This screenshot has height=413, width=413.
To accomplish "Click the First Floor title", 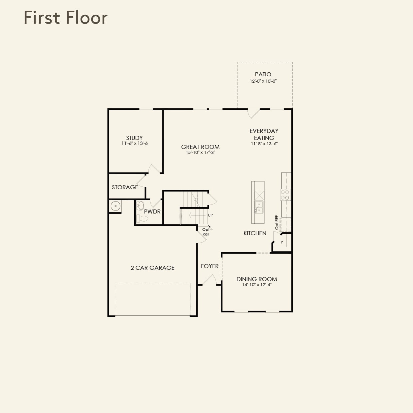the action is (x=66, y=18).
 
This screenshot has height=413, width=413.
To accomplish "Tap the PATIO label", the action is (x=263, y=74).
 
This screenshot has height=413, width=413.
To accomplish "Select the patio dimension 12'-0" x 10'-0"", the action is (x=263, y=81).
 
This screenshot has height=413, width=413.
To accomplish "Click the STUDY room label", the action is (x=134, y=138).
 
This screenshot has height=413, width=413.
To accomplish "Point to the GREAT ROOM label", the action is (x=200, y=147).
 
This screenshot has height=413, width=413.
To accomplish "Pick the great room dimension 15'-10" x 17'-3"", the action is (x=201, y=153).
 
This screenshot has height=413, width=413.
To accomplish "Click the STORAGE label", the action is (x=125, y=187).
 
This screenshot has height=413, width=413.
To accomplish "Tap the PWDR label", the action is (x=152, y=211).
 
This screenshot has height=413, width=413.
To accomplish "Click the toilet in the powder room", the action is (x=142, y=218).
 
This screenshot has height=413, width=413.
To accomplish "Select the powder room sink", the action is (x=140, y=206).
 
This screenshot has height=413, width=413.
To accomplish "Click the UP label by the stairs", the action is (x=210, y=215).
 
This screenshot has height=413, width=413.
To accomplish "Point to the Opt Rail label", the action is (x=206, y=232).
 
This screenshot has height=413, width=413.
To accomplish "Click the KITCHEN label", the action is (x=255, y=233).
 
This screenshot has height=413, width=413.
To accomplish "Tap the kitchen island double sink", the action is (x=259, y=207).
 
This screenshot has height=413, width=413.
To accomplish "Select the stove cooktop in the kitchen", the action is (x=285, y=195).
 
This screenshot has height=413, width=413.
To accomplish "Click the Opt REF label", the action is (x=277, y=222).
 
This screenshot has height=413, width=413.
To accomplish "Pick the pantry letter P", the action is (x=282, y=242).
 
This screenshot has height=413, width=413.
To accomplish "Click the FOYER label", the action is (x=209, y=266).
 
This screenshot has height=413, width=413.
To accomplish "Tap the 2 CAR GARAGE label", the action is (x=153, y=268).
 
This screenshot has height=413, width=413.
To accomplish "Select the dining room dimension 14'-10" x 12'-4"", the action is (x=257, y=285).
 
